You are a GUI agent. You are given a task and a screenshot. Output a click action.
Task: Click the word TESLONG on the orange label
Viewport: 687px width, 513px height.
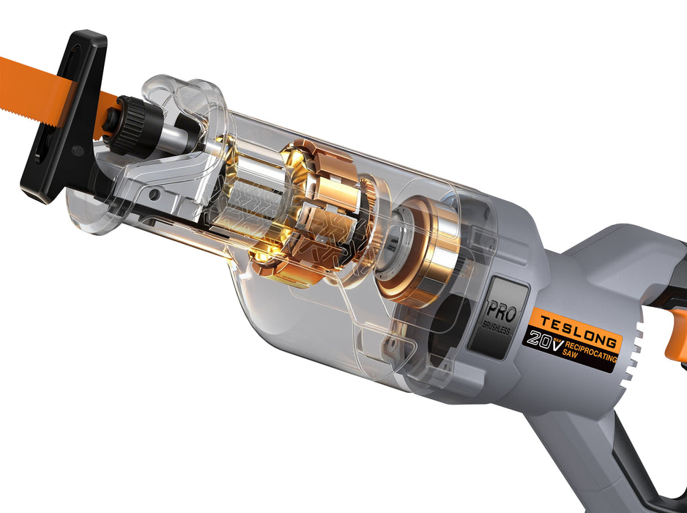[574, 328]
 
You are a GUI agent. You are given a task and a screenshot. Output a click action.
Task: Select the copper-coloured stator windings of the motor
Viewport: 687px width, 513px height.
[322, 213]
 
